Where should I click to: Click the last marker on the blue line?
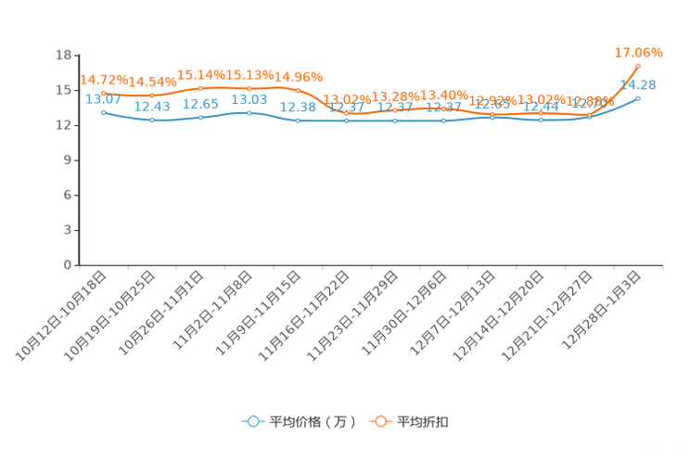[x=638, y=96]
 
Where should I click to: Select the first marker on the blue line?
[x=103, y=112]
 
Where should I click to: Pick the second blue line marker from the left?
[x=152, y=120]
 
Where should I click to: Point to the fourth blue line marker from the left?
[x=249, y=112]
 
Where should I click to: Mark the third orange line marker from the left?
[x=201, y=88]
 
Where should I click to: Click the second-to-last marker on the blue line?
[x=590, y=117]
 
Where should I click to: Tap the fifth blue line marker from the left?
[x=298, y=121]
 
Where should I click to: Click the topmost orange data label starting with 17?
[x=638, y=53]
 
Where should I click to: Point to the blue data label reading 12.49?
[x=152, y=106]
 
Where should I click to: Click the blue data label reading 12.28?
[x=298, y=107]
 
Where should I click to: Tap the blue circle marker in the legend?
[x=252, y=421]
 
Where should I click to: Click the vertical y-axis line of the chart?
[x=76, y=158]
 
